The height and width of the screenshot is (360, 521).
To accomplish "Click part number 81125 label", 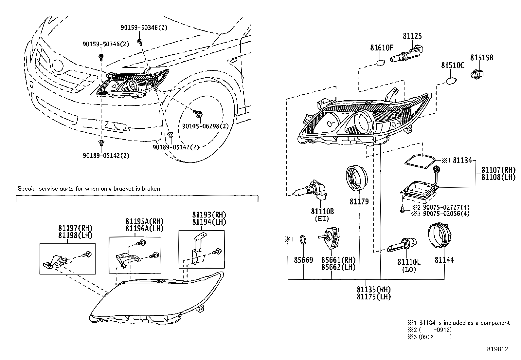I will [412, 36].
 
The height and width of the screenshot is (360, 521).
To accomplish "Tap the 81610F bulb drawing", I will [380, 62].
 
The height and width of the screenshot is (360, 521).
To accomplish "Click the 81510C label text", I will [452, 66].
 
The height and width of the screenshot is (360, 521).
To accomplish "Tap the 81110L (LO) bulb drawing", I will [403, 244].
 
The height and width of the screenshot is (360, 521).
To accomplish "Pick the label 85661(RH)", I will [338, 260].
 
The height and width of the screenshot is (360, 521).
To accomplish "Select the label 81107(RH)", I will [498, 170].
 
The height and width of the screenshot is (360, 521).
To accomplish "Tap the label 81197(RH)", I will [75, 228].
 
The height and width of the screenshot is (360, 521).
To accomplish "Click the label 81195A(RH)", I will [144, 221].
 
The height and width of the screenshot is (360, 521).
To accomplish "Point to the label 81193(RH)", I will [209, 215].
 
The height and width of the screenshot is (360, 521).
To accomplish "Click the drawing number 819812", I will [497, 349].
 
